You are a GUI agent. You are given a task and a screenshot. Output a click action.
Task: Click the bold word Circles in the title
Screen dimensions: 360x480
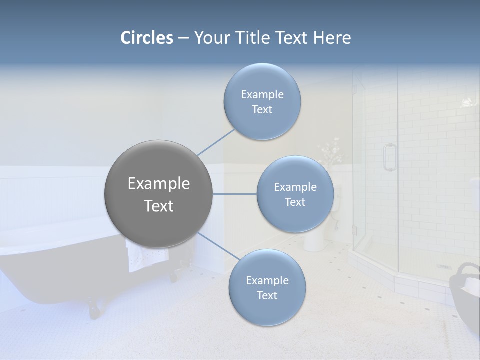click(146, 38)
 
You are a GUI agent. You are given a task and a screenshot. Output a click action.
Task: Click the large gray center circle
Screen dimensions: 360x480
click(158, 194)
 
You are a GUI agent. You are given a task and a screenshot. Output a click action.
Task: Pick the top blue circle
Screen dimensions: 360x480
click(262, 101)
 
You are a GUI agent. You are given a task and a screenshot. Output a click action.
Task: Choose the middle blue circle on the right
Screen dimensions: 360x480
click(295, 194)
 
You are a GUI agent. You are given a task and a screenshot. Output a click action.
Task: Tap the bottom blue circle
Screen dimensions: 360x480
click(267, 287)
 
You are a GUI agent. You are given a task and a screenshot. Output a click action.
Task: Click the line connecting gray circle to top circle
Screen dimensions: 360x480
click(215, 142)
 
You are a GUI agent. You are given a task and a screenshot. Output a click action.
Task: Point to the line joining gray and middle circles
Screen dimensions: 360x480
click(234, 194)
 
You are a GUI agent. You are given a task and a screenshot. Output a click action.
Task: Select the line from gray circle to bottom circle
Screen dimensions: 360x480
click(218, 246)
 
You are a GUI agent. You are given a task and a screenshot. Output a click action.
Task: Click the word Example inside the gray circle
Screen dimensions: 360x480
click(158, 184)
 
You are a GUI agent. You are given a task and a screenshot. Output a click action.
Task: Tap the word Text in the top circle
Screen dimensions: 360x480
click(262, 110)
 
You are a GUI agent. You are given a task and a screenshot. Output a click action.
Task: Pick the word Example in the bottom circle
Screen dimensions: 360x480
click(267, 280)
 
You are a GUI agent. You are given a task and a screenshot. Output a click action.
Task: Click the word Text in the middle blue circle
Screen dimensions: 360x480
click(295, 202)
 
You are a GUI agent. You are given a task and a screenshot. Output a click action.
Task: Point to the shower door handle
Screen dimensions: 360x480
click(388, 157)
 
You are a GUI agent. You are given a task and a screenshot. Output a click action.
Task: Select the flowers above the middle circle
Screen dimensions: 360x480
click(331, 152)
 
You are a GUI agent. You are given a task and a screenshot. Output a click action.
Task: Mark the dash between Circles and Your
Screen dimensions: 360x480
click(183, 38)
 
